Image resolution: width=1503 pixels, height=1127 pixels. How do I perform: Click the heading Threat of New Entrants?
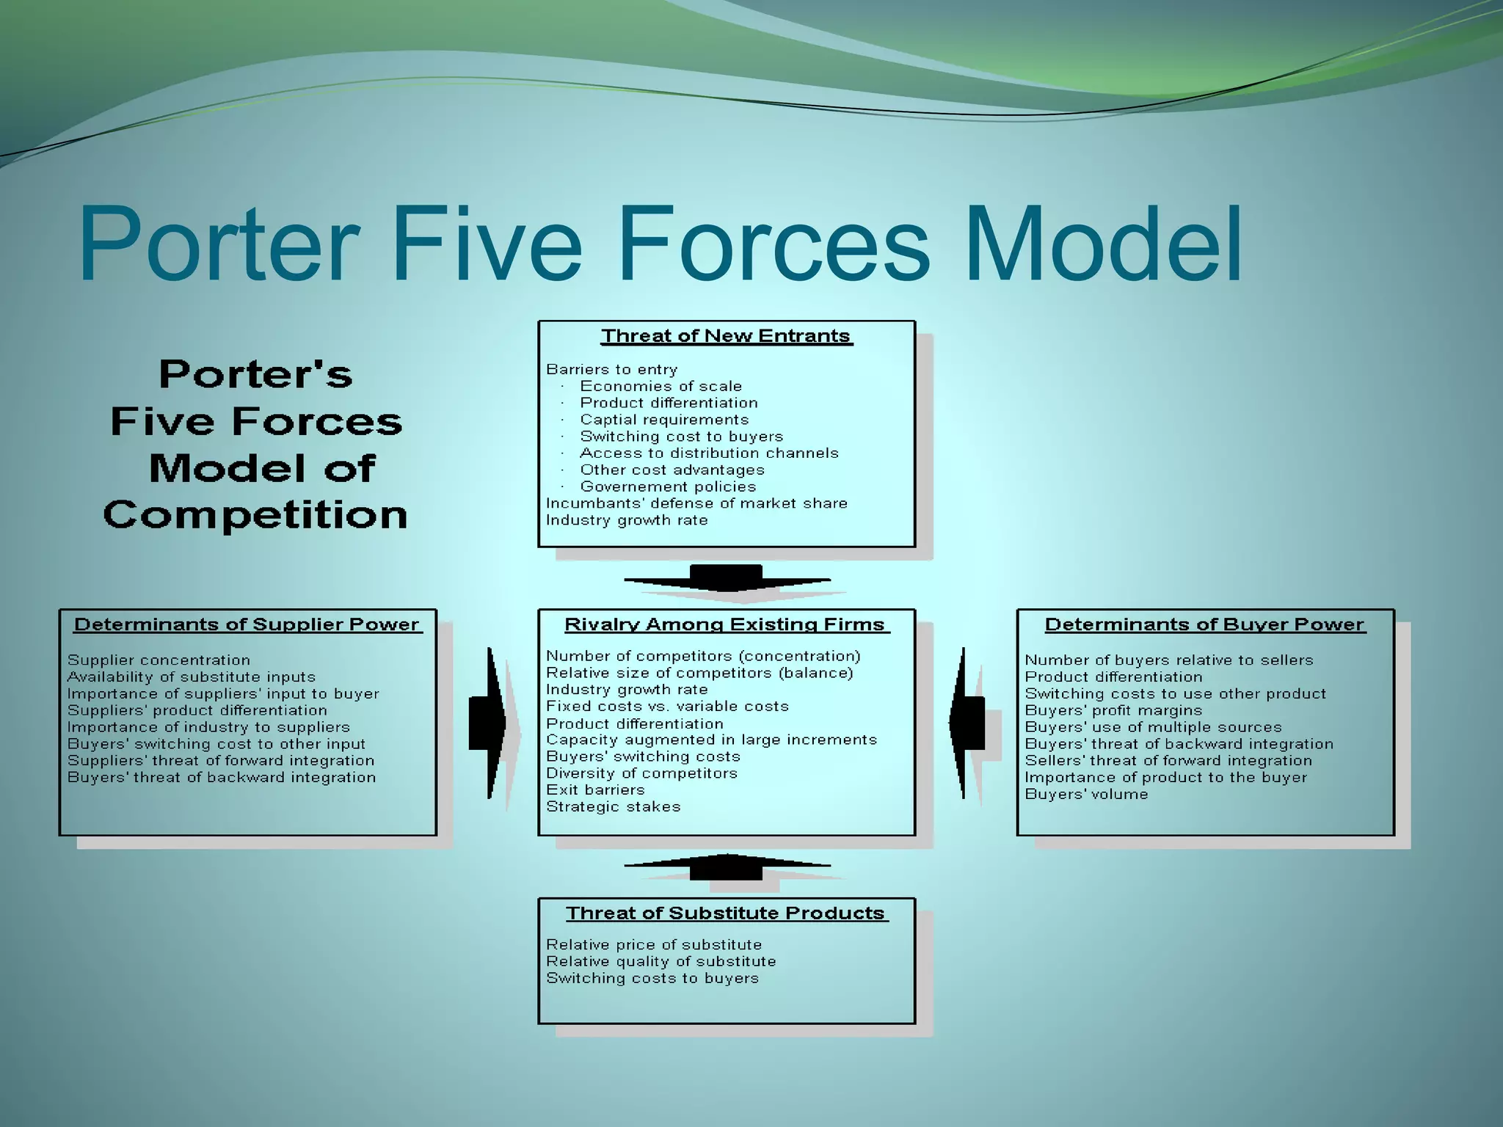pyautogui.click(x=727, y=336)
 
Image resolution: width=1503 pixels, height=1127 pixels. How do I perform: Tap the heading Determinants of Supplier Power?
pyautogui.click(x=247, y=624)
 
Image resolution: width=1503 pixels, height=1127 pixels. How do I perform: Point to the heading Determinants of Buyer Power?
pyautogui.click(x=1204, y=624)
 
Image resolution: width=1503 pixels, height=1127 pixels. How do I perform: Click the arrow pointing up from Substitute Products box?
pyautogui.click(x=727, y=867)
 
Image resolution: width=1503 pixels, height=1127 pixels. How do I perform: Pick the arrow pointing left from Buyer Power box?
pyautogui.click(x=966, y=723)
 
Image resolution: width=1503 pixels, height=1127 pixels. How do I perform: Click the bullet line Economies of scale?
pyautogui.click(x=660, y=386)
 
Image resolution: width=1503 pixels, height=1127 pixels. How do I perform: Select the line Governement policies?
pyautogui.click(x=668, y=486)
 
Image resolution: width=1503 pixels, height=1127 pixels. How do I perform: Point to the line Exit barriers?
pyautogui.click(x=595, y=790)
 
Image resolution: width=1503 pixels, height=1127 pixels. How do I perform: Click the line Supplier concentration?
pyautogui.click(x=159, y=660)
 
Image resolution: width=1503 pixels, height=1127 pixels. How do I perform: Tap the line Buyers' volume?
pyautogui.click(x=1086, y=794)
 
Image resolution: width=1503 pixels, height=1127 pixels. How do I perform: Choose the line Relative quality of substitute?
pyautogui.click(x=660, y=961)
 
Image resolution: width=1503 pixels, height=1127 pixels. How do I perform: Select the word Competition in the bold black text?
pyautogui.click(x=255, y=515)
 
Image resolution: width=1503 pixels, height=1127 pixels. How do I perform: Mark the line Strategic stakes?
pyautogui.click(x=613, y=807)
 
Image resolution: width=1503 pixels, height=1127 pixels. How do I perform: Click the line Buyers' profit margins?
pyautogui.click(x=1113, y=710)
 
